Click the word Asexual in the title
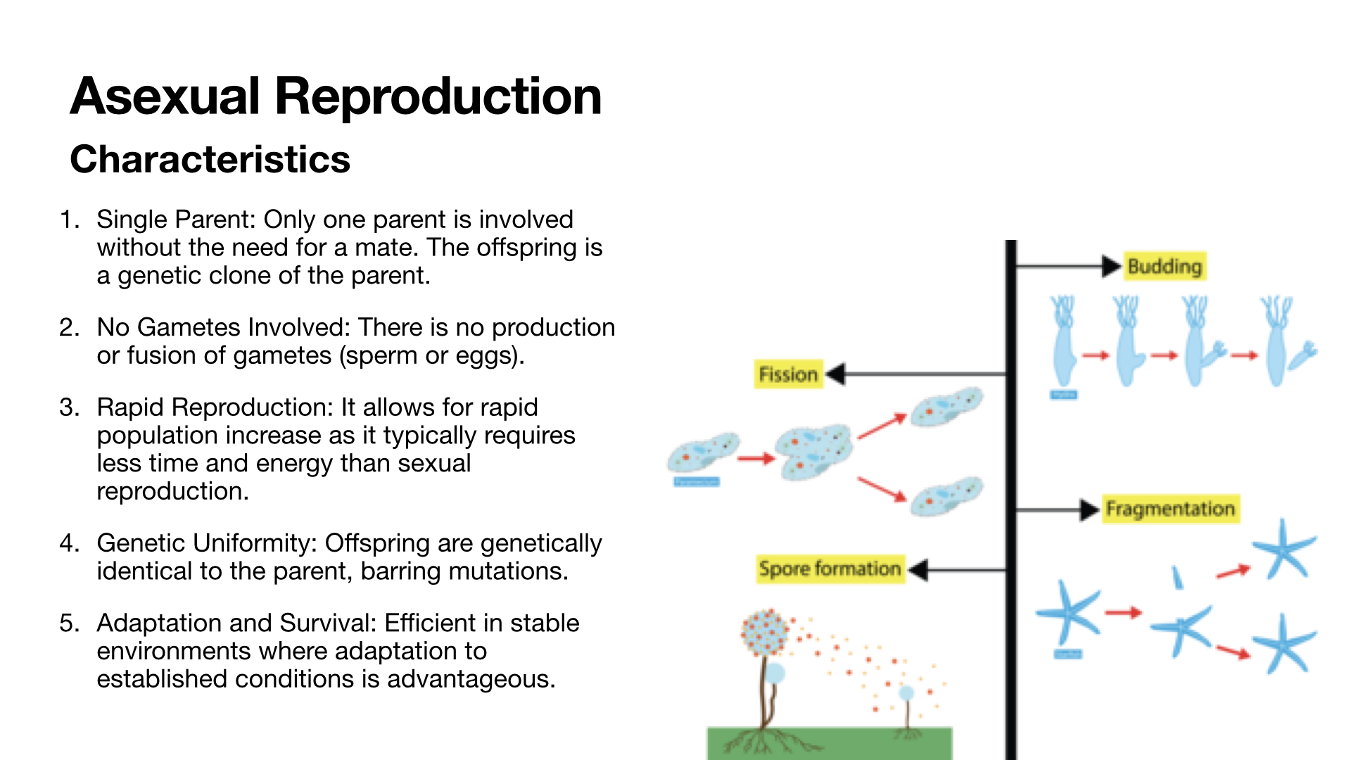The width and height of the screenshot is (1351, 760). tap(165, 96)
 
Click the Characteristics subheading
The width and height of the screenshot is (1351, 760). tap(210, 159)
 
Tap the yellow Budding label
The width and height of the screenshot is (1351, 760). tap(1165, 267)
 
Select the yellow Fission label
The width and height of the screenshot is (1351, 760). tap(788, 374)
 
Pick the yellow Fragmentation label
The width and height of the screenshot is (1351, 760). tap(1169, 509)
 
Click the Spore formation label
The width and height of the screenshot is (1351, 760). tap(829, 569)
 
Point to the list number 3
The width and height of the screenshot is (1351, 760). tap(68, 407)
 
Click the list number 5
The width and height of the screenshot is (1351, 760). tap(68, 623)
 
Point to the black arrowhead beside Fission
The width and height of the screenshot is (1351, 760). tap(835, 374)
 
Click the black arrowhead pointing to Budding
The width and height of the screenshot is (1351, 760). tap(1111, 267)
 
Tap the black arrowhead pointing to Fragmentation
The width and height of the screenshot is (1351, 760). tap(1090, 509)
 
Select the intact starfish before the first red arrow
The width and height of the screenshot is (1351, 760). tap(1069, 612)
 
